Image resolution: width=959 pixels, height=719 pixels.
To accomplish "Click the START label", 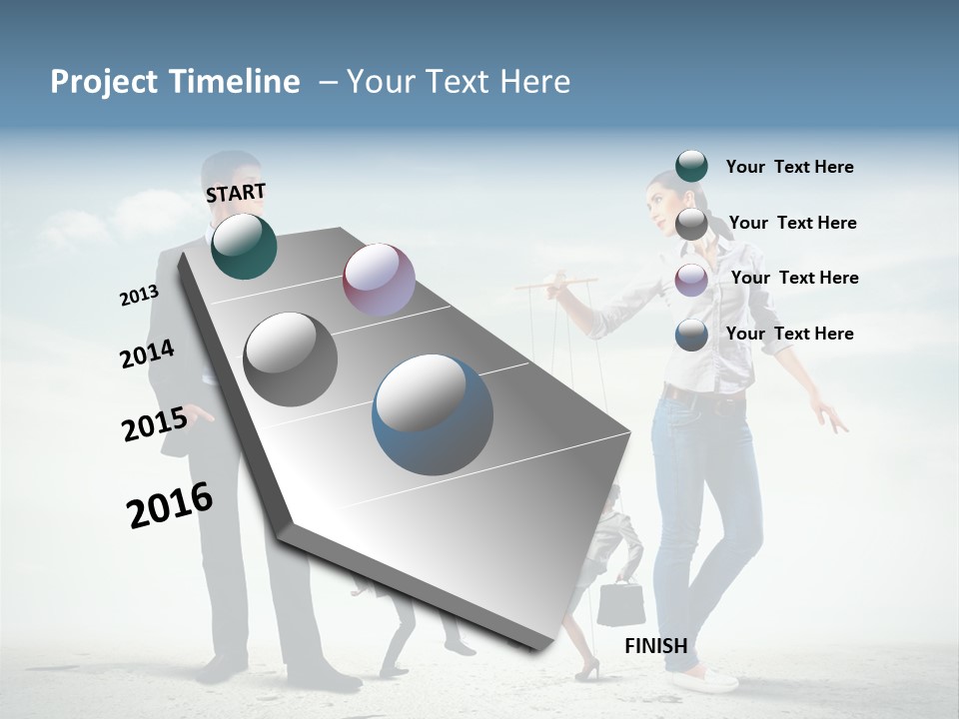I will [236, 193].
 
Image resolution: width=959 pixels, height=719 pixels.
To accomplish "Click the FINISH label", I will [655, 646].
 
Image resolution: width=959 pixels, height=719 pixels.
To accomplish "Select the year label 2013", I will [139, 296].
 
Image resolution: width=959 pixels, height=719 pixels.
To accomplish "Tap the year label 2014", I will [147, 355].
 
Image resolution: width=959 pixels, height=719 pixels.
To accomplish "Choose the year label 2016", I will [170, 505].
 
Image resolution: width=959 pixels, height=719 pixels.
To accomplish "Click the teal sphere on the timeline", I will [244, 246].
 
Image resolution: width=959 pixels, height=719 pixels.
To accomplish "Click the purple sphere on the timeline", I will [379, 280].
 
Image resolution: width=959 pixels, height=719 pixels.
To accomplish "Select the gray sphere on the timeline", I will [291, 359].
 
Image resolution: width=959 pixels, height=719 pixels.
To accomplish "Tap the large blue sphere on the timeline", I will [433, 414].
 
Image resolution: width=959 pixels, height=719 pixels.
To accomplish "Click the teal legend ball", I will [691, 166].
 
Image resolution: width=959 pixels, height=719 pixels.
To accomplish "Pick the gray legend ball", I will [691, 224].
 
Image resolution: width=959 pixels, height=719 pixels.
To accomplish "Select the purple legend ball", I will [691, 280].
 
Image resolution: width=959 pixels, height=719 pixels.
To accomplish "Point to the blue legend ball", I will [691, 335].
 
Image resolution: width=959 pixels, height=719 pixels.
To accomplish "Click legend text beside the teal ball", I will [789, 167].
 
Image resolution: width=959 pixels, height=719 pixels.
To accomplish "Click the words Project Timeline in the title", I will [175, 82].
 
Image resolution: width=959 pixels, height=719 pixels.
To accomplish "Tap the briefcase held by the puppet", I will [619, 604].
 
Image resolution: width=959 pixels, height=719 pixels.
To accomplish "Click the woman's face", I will [663, 200].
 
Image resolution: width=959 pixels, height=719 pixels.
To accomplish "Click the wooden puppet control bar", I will [557, 285].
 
